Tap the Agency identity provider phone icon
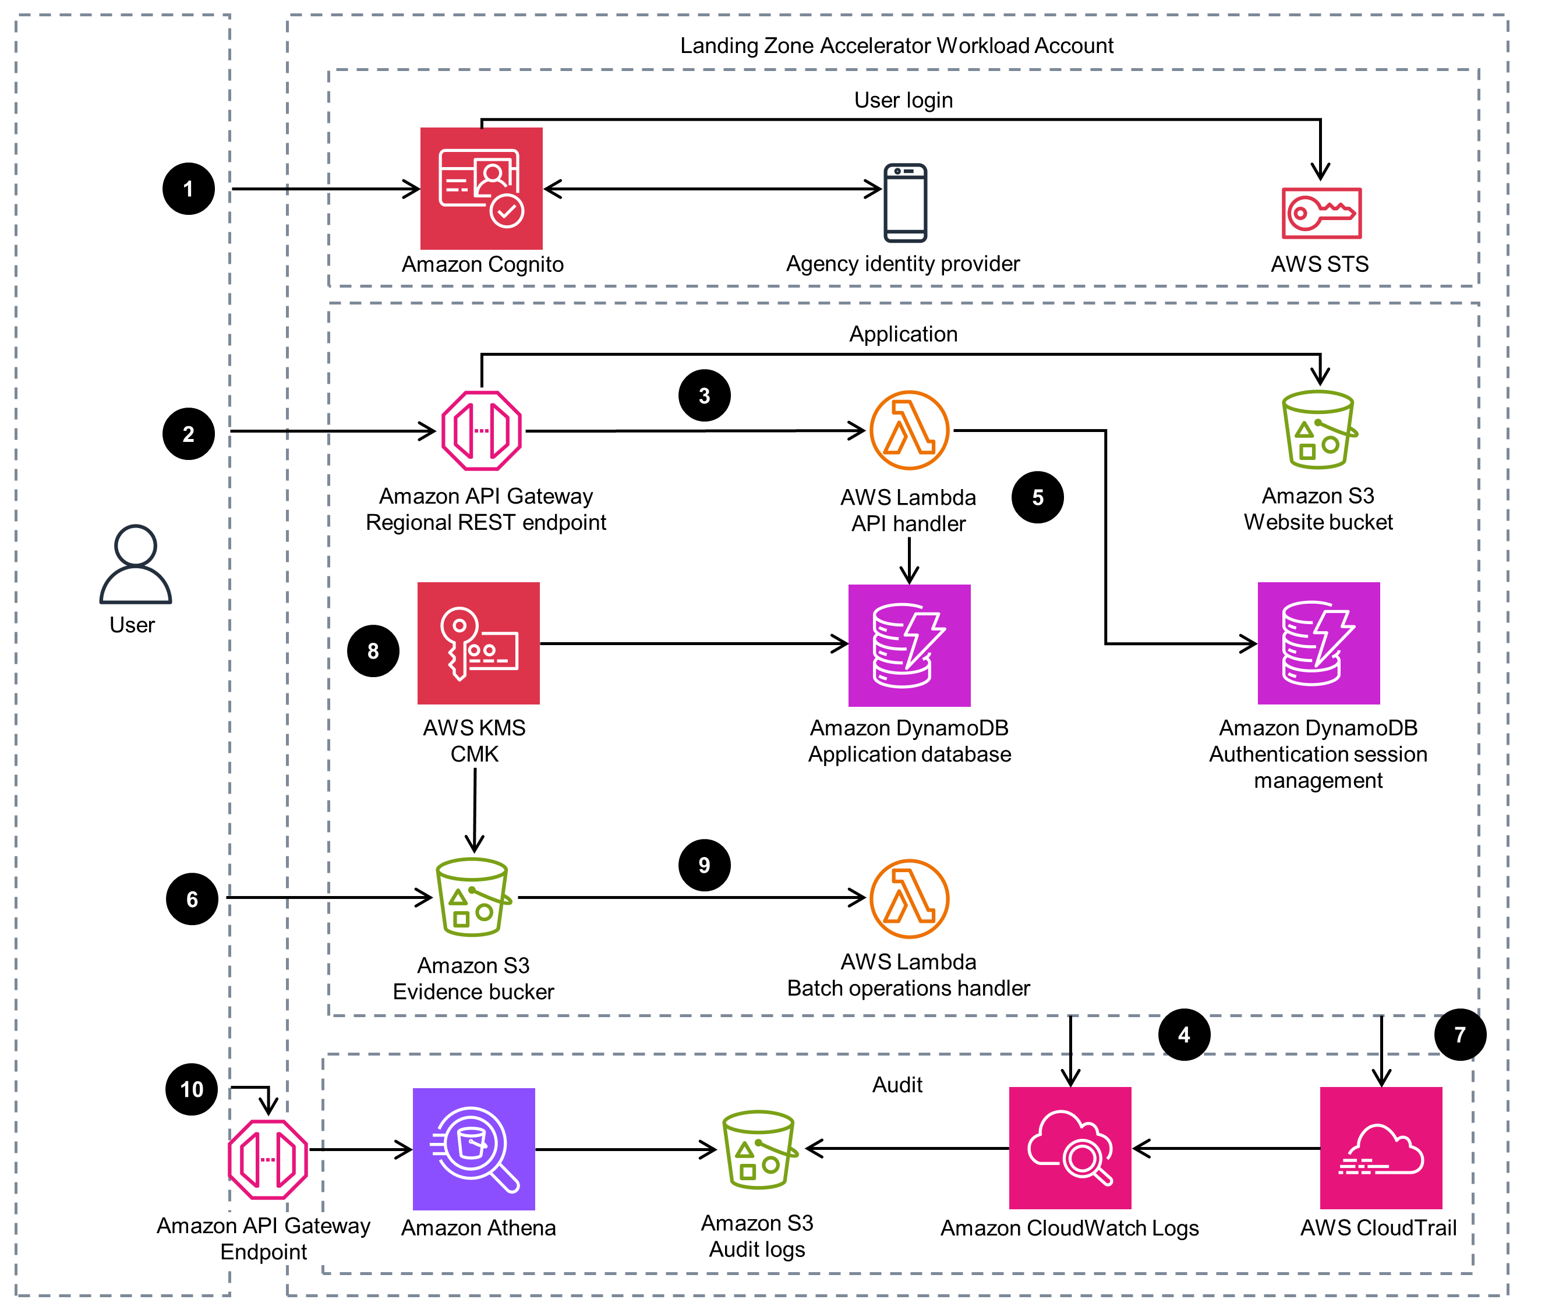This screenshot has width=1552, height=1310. (904, 203)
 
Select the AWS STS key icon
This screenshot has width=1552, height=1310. (1320, 213)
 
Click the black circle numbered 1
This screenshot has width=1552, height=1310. (188, 189)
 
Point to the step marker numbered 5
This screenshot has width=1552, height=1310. (1037, 497)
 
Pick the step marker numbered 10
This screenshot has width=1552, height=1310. (191, 1089)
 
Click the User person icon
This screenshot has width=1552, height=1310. (135, 564)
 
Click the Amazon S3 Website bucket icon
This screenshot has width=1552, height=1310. (1318, 430)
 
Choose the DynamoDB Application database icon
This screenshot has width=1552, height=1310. (908, 645)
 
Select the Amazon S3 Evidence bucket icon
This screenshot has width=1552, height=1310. (472, 897)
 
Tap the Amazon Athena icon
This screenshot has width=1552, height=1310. (473, 1148)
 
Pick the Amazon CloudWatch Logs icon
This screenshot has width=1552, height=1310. (1069, 1148)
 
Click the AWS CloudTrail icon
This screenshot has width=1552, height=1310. (1380, 1148)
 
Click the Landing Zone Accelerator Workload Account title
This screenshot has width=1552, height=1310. (896, 45)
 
